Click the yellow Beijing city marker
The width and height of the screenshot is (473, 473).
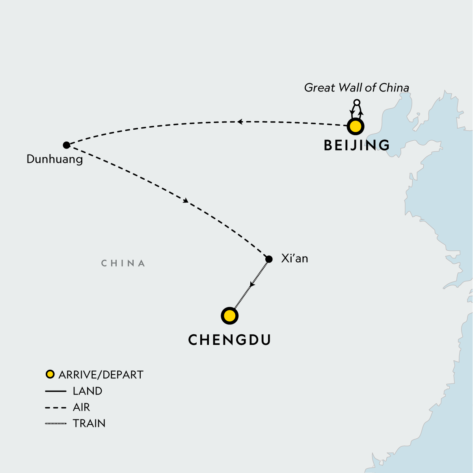tap(355, 127)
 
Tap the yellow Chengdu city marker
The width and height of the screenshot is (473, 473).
tap(230, 316)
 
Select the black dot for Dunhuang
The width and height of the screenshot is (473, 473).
tap(66, 145)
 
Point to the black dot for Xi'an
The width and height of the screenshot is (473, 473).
tap(269, 259)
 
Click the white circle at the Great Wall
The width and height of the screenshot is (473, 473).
tap(357, 103)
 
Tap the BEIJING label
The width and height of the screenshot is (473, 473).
tap(357, 145)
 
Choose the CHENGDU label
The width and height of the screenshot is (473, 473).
tap(229, 340)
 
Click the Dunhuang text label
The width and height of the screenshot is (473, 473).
tap(55, 159)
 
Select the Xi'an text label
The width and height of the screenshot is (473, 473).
tap(294, 259)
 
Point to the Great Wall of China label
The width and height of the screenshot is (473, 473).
tap(356, 88)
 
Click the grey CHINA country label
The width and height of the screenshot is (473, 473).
tap(123, 263)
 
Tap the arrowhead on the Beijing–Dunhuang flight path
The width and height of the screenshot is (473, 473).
tap(239, 122)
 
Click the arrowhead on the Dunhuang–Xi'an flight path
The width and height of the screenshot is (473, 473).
tap(186, 201)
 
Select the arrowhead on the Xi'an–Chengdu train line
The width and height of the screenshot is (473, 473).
tap(252, 284)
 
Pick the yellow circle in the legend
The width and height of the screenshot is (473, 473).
tap(50, 374)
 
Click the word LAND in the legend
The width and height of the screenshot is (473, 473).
tap(88, 391)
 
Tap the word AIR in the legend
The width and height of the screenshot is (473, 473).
tap(82, 407)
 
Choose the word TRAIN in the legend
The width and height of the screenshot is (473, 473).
tap(89, 423)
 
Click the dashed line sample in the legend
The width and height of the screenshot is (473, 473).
tap(56, 408)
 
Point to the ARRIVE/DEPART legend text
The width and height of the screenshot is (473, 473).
tap(101, 374)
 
